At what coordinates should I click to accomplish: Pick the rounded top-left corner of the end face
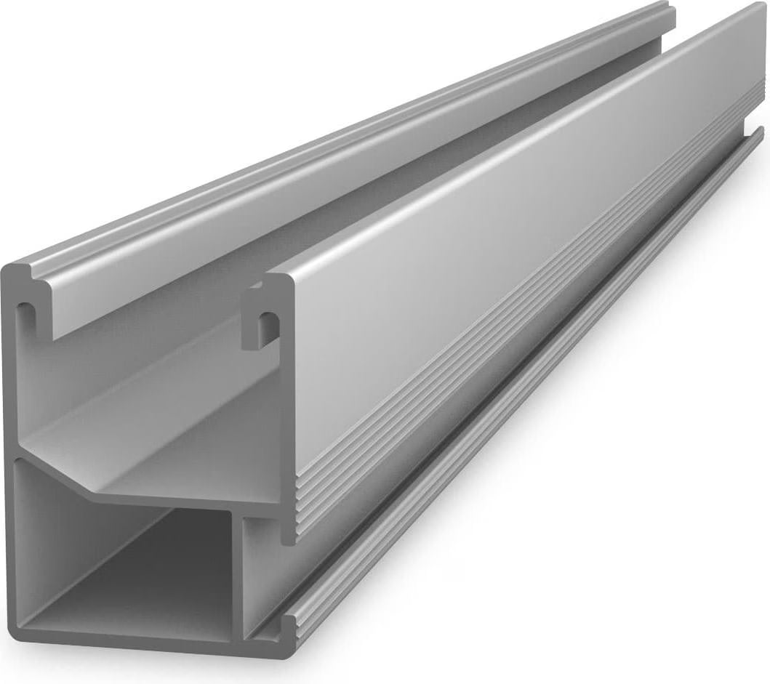[x=9, y=270]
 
